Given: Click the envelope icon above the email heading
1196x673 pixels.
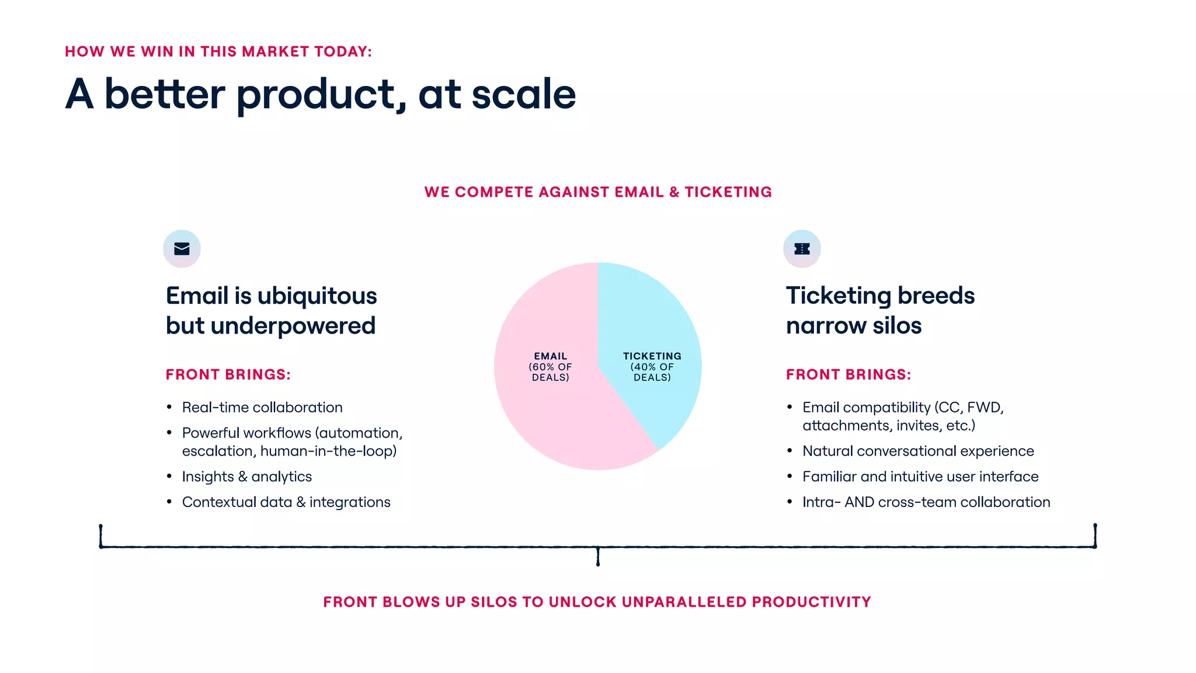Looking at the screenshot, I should (x=182, y=249).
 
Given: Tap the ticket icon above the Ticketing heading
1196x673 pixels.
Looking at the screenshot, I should (x=802, y=249).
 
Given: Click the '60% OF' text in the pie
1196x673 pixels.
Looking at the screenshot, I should (x=550, y=367).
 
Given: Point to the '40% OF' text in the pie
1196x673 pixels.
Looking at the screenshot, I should (x=652, y=367).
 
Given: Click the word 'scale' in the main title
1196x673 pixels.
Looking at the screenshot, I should (x=523, y=94).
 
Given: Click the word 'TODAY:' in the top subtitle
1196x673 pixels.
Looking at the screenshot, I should (x=343, y=51).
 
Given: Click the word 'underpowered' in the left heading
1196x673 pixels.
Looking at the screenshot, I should (x=293, y=326).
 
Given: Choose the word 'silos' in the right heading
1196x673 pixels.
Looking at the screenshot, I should (x=897, y=326).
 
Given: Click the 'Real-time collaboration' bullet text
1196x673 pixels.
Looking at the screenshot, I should (x=262, y=407).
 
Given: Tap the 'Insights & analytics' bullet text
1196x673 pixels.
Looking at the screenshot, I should (x=246, y=477).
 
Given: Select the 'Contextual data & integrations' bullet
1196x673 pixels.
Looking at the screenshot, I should (x=286, y=502).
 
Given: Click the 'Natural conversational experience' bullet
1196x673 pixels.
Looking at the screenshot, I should (x=917, y=451).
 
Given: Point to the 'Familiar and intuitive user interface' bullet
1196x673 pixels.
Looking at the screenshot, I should (x=920, y=477).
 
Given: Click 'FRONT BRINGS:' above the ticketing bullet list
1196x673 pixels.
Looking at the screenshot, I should (x=848, y=374).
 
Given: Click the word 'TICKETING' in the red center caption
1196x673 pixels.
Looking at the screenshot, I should (x=728, y=192).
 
